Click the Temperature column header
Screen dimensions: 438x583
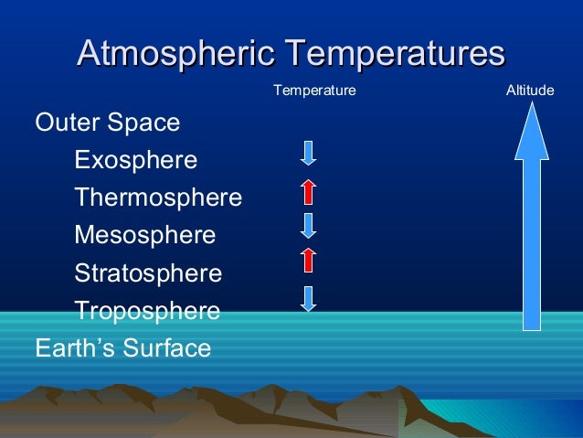coord(315,91)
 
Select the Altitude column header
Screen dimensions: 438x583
coord(530,91)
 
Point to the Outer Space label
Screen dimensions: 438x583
coord(107,123)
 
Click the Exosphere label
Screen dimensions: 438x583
coord(135,161)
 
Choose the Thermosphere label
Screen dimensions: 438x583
coord(158,198)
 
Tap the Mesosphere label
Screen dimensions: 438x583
coord(144,236)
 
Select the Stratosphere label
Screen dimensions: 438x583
coord(148,273)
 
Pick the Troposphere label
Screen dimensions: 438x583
coord(147,311)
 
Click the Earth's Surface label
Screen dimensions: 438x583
coord(122,348)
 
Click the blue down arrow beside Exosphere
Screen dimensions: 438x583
coord(309,154)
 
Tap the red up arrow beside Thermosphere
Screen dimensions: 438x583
coord(309,190)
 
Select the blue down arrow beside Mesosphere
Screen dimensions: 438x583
coord(309,226)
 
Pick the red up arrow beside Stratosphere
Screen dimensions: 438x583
coord(309,261)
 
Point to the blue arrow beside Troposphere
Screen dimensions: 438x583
coord(309,298)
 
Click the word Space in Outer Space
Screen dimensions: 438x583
coord(146,123)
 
